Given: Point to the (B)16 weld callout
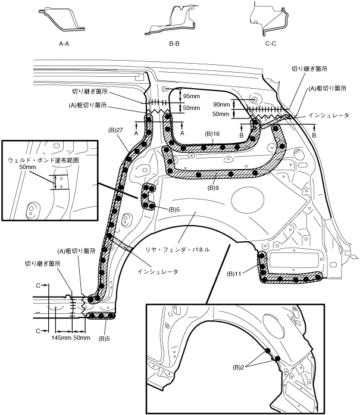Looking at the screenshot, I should tap(212, 135).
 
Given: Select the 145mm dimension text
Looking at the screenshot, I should tap(62, 338).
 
